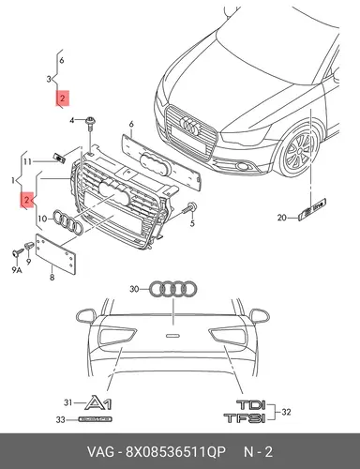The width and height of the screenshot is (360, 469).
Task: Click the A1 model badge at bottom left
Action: [98, 402]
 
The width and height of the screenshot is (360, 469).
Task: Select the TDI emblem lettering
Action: [251, 405]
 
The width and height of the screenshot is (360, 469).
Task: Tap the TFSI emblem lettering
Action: [245, 418]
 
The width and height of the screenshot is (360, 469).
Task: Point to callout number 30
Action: [134, 289]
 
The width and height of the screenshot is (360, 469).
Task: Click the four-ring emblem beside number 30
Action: [172, 289]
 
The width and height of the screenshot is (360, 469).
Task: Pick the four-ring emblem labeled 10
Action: [67, 221]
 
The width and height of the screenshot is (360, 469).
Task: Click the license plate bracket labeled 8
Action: [55, 254]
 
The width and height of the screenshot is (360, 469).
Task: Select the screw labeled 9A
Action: [18, 252]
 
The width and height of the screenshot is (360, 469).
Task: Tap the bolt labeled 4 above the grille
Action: [91, 124]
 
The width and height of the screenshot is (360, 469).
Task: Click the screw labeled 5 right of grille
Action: [189, 207]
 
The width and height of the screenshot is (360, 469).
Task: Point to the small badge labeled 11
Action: [59, 158]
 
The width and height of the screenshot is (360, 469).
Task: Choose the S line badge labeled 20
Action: [312, 209]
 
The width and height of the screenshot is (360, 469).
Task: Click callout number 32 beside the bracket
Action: [286, 412]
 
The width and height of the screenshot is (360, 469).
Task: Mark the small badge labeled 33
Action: [95, 419]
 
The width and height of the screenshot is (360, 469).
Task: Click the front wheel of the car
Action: [299, 150]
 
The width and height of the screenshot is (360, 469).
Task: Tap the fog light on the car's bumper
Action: [241, 166]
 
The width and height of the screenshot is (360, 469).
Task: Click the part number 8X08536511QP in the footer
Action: [175, 452]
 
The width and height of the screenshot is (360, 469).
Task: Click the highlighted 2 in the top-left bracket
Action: [63, 98]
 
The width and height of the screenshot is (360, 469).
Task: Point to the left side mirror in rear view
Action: [86, 315]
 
